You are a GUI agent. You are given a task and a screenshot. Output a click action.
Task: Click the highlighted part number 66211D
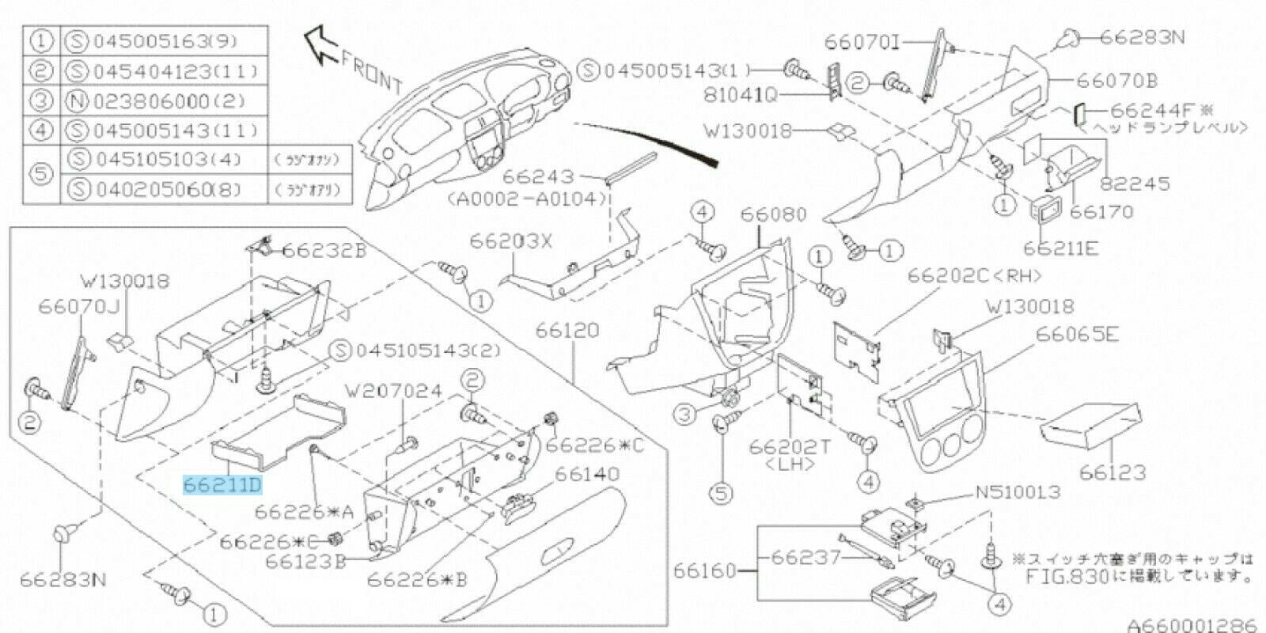pyautogui.click(x=222, y=484)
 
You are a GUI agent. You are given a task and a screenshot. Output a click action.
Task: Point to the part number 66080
pyautogui.click(x=773, y=214)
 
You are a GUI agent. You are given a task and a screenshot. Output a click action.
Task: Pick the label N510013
pyautogui.click(x=1017, y=494)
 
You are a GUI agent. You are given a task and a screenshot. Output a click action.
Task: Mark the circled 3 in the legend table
pyautogui.click(x=42, y=101)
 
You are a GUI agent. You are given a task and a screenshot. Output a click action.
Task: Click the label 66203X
pyautogui.click(x=511, y=241)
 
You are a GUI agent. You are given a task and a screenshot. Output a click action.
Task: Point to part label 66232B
pyautogui.click(x=324, y=251)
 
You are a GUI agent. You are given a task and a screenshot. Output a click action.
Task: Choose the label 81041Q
pyautogui.click(x=740, y=96)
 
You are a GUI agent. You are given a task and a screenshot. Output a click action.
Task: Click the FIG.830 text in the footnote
pyautogui.click(x=1063, y=576)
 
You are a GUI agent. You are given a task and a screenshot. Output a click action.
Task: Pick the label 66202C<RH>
pyautogui.click(x=974, y=276)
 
